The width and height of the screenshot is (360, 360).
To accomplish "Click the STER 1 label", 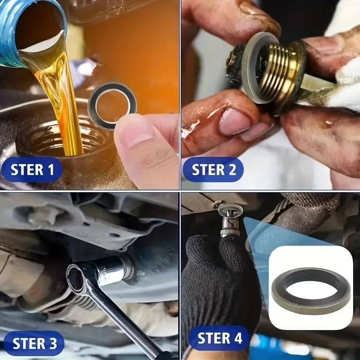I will (32, 170).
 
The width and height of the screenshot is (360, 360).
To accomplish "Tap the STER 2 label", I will (214, 170).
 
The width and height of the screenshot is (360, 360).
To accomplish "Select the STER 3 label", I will (35, 343).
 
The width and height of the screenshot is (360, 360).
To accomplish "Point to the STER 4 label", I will (220, 338).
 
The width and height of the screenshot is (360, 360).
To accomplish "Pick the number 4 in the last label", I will (238, 338).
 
